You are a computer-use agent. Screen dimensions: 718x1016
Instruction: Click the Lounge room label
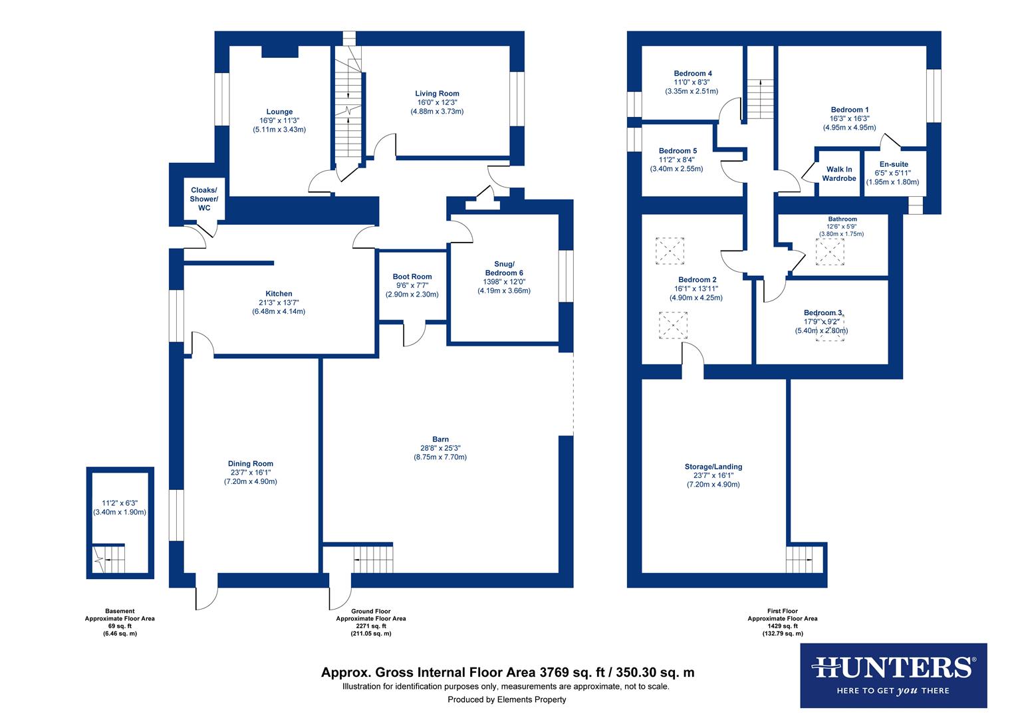[279, 112]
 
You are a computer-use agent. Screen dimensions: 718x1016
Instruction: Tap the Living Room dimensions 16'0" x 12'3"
[437, 102]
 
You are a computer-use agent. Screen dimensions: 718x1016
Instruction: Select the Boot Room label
[412, 277]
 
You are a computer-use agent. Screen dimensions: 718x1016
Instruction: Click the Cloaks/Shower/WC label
[203, 199]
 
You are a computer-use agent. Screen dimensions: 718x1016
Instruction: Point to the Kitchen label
[279, 294]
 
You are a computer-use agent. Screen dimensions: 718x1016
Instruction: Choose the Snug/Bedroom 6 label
[503, 269]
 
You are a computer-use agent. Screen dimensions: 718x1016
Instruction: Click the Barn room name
[440, 439]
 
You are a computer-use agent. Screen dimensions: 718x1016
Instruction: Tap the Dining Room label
[250, 464]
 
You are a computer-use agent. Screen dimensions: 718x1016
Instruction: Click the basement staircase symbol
[108, 559]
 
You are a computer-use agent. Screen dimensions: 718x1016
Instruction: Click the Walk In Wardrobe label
[839, 174]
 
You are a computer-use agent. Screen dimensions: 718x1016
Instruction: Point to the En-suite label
[893, 164]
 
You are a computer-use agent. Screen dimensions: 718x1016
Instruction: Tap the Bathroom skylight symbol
[829, 252]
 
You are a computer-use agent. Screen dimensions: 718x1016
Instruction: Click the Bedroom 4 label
[692, 74]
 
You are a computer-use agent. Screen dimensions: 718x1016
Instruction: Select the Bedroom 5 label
[678, 152]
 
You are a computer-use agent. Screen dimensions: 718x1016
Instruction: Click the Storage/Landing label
[713, 467]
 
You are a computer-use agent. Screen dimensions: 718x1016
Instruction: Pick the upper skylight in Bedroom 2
[670, 251]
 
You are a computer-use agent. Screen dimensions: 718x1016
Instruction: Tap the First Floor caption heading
[782, 611]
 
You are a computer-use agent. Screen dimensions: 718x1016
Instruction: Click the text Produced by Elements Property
[507, 699]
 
